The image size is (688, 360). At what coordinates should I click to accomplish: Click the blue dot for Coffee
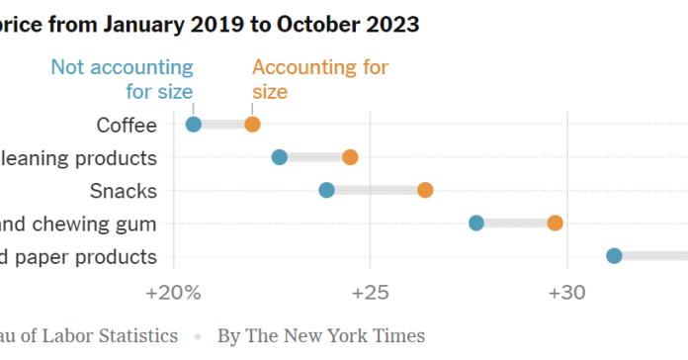click(194, 124)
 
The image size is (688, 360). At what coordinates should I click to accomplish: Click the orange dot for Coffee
click(252, 124)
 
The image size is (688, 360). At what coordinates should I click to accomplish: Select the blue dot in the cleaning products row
click(280, 157)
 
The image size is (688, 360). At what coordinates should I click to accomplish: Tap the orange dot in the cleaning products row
click(350, 157)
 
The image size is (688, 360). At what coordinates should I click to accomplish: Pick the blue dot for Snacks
click(327, 190)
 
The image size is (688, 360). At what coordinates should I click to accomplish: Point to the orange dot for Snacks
click(425, 190)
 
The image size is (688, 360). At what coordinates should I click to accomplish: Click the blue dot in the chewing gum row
click(476, 223)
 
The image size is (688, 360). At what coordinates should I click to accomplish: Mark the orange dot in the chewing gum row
click(556, 223)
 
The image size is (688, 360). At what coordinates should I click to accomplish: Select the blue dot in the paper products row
click(614, 256)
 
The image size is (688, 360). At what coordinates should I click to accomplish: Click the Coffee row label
click(126, 125)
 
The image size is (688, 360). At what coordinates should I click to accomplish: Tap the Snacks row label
click(123, 191)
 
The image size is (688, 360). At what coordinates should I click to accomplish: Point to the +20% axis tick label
click(174, 294)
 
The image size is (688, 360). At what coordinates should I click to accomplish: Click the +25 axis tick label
click(370, 294)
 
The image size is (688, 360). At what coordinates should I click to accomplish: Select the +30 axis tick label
click(565, 294)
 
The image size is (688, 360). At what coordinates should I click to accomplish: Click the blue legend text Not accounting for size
click(124, 79)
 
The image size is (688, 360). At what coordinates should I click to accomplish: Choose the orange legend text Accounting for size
click(319, 79)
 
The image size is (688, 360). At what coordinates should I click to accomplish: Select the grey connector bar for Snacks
click(376, 190)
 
